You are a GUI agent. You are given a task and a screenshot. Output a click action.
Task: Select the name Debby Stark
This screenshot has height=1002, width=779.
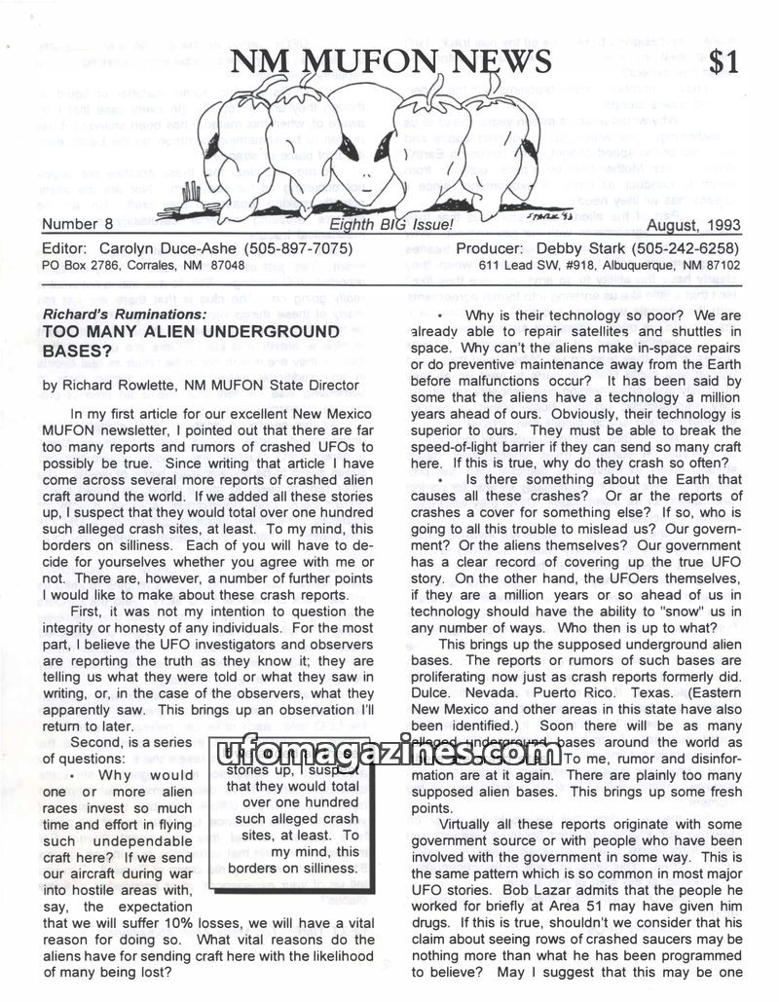click(x=573, y=247)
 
